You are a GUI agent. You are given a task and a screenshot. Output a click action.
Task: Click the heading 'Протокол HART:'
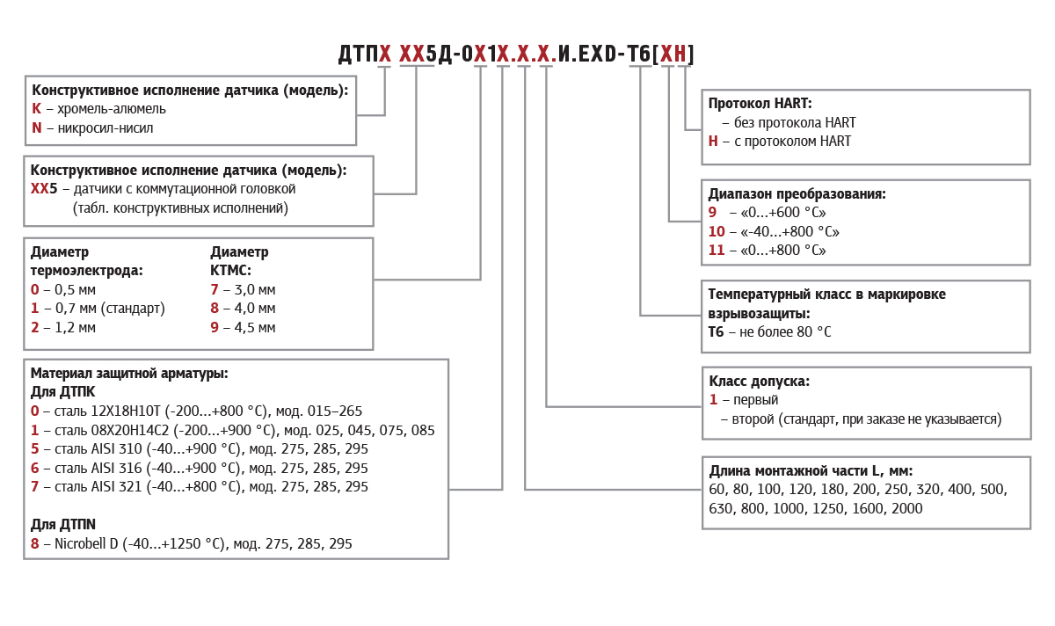coord(760,104)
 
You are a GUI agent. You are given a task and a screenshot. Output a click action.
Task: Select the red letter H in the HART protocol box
coord(713,142)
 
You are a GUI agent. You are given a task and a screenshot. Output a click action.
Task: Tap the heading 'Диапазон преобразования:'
coord(797,194)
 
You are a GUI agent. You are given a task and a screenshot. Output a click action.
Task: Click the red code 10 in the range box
coord(717,232)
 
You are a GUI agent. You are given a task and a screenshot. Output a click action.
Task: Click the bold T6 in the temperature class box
coord(716,332)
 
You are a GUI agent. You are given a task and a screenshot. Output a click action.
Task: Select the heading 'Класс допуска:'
coord(759,382)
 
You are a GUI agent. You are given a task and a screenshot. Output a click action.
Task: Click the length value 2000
coord(906,509)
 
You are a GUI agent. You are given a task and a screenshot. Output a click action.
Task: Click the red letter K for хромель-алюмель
coord(36,109)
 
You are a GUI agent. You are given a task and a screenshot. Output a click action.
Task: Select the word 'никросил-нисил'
coord(105,128)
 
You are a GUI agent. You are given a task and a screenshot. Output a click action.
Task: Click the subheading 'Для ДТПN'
coord(62,525)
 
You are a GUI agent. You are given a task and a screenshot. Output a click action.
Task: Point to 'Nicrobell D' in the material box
coord(86,544)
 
